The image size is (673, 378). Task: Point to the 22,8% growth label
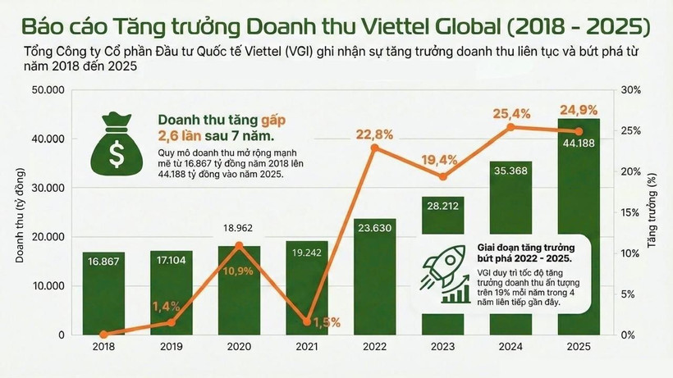pos(374,134)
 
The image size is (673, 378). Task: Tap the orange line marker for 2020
pos(239,245)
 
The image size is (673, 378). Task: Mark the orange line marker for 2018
pos(104,334)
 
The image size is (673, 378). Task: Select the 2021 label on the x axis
pos(307,347)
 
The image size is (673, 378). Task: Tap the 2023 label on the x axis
pos(442,347)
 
